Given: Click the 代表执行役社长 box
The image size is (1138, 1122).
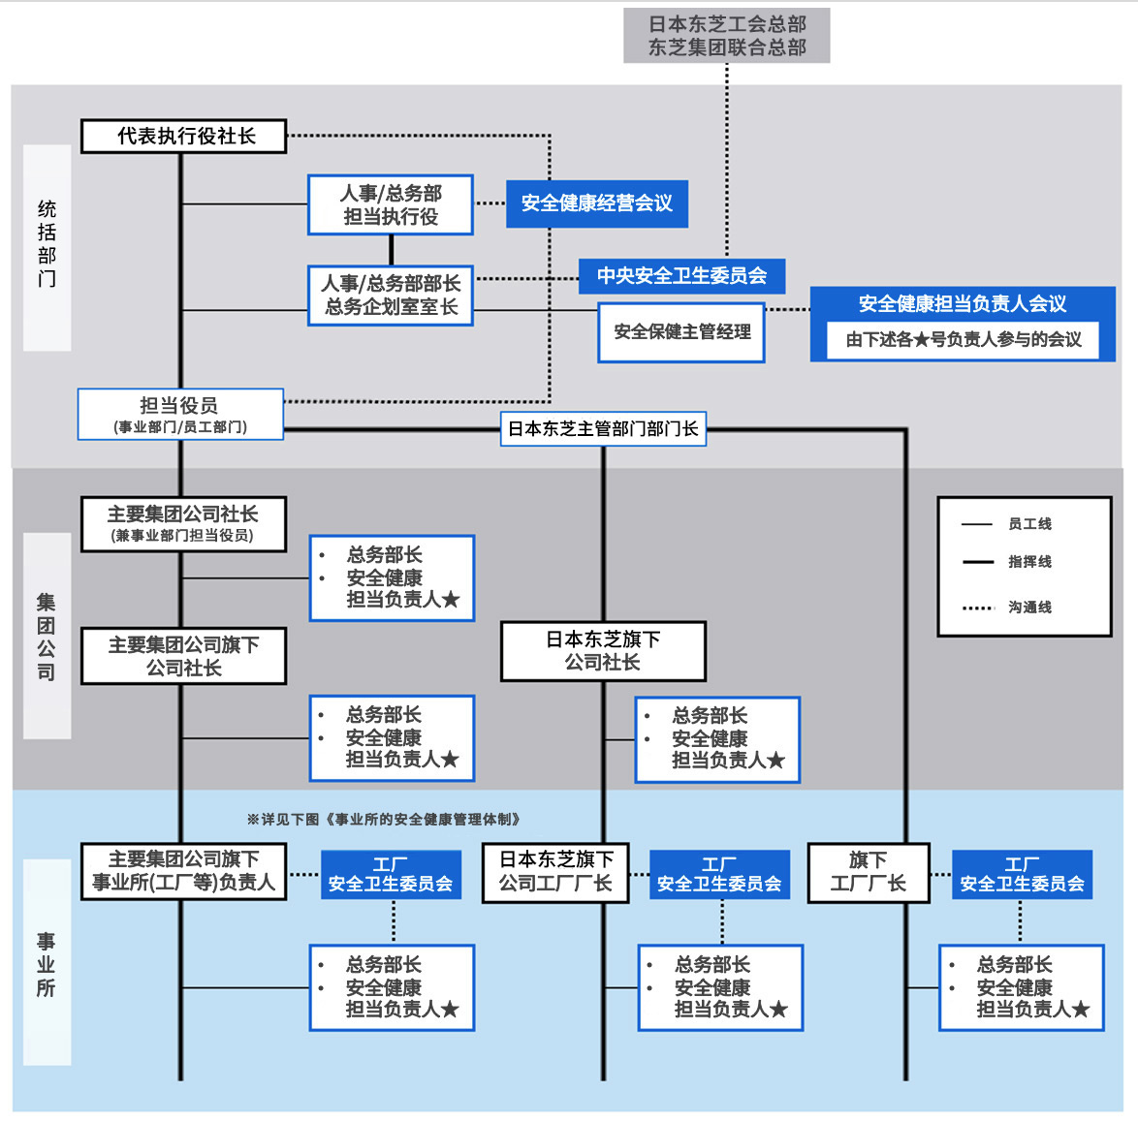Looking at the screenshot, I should (184, 137).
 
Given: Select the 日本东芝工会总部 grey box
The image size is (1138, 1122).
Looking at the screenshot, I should (727, 36).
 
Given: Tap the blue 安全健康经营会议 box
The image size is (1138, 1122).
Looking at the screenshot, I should (597, 203).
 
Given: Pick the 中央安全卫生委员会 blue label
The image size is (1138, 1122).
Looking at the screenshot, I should (681, 276).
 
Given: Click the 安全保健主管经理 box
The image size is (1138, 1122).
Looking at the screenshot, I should (681, 332).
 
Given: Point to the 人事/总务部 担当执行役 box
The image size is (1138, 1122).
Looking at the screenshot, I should (391, 204).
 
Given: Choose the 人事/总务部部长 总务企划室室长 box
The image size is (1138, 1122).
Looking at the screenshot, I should (391, 296).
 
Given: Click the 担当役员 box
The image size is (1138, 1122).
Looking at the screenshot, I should (180, 415).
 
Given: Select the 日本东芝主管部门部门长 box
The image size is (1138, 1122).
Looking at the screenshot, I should (603, 428).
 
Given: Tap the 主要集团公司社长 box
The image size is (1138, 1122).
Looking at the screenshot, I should (184, 524).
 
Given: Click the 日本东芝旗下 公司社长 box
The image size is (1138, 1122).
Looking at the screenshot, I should (603, 651).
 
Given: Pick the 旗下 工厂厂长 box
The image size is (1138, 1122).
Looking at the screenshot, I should (869, 872).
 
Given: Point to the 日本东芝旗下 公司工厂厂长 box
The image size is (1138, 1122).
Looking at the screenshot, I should (556, 872).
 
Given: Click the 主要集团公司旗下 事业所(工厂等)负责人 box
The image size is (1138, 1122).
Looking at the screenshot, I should (184, 871).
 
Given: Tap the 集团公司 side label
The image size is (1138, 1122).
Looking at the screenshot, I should (47, 637).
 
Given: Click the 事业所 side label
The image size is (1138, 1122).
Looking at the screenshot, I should (47, 964).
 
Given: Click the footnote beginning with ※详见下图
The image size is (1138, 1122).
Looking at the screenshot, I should (385, 820).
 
